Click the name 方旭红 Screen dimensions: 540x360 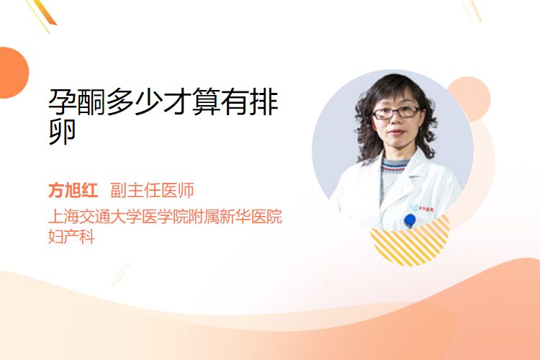coord(73,190)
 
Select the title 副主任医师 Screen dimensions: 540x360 coord(152,190)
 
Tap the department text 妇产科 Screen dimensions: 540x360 coord(71,237)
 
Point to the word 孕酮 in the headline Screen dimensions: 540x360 coord(77,102)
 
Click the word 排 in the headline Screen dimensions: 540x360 coord(264,102)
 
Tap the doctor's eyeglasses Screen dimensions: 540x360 coord(397,112)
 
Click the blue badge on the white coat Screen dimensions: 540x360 coord(410,220)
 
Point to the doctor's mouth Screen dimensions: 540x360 coord(396,132)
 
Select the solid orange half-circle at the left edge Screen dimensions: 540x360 coord(13,73)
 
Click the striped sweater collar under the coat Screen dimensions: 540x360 coord(395,166)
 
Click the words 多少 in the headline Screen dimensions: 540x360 coord(135,102)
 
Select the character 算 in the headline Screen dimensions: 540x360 coord(206,102)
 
